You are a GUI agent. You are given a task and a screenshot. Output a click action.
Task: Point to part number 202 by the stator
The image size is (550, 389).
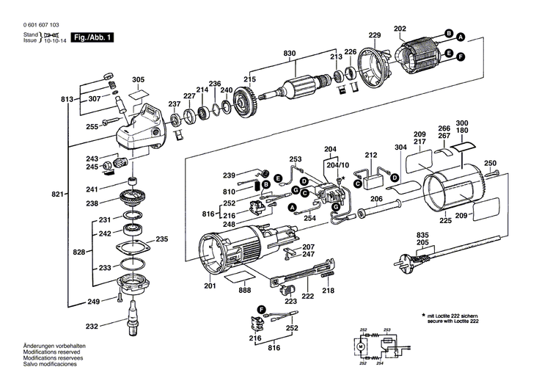tap(400, 29)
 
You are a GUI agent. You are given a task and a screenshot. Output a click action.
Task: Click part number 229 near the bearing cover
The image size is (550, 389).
tap(375, 36)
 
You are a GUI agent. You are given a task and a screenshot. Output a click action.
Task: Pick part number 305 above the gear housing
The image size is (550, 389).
tap(138, 79)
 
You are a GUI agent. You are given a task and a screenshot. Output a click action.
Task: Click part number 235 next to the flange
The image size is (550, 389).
tap(161, 239)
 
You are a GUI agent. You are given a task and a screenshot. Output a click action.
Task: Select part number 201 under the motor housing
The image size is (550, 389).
tap(210, 286)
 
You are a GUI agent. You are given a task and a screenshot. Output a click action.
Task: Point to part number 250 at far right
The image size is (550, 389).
tap(491, 163)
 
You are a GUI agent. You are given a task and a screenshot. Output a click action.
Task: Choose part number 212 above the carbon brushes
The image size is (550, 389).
tap(371, 155)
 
